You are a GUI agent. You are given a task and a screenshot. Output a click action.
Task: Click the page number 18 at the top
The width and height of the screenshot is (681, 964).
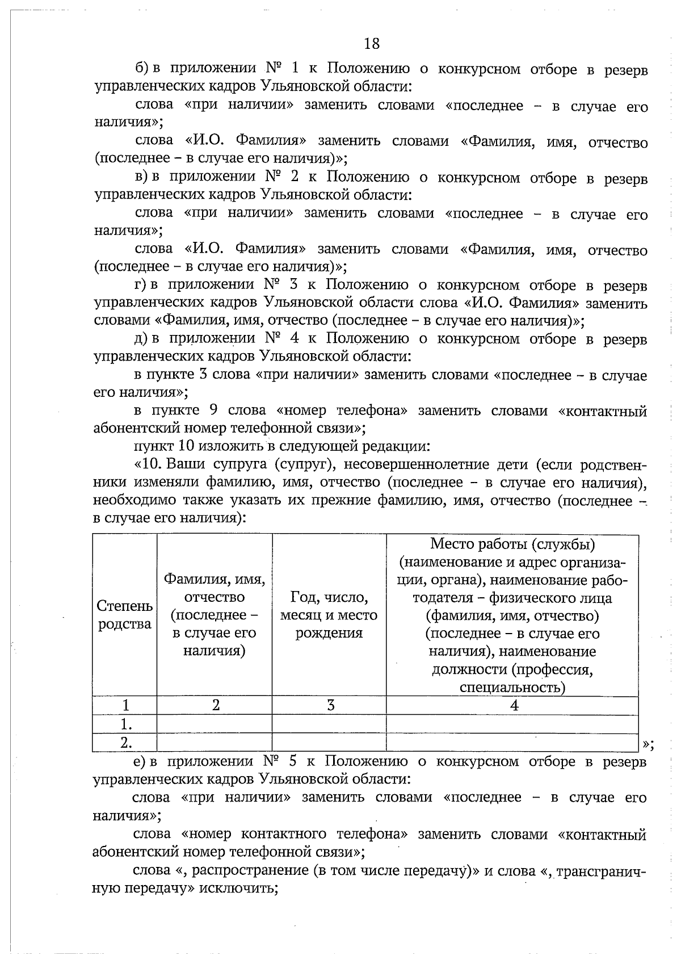point(372,44)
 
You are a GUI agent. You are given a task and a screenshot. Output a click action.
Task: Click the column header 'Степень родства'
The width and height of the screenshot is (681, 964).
point(124,615)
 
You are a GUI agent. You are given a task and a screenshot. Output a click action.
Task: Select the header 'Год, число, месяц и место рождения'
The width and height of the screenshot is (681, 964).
point(329,615)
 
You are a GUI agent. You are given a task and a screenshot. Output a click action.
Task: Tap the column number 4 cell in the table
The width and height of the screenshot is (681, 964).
point(514,705)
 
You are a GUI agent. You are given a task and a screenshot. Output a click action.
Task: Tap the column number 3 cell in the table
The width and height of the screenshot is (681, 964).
point(330,705)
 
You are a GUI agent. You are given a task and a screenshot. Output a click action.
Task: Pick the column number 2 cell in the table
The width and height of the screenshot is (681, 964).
point(216,705)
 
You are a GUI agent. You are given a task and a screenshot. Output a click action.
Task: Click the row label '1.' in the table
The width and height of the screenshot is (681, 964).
point(126,724)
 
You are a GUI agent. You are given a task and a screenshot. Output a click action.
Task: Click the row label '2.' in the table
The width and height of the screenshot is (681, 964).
point(126,742)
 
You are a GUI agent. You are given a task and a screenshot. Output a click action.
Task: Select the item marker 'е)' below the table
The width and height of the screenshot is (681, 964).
point(141,761)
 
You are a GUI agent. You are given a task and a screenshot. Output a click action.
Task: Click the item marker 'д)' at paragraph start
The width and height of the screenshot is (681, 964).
point(141,339)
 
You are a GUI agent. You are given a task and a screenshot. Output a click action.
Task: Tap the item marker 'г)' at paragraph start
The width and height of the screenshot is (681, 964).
point(141,285)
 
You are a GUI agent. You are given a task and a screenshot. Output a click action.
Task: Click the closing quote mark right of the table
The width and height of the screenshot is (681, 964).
point(649,745)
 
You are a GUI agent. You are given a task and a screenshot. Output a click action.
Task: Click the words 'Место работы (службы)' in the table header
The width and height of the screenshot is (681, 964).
point(512,544)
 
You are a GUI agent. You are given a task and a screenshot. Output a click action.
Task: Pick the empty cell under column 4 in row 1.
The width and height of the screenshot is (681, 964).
point(512,724)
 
